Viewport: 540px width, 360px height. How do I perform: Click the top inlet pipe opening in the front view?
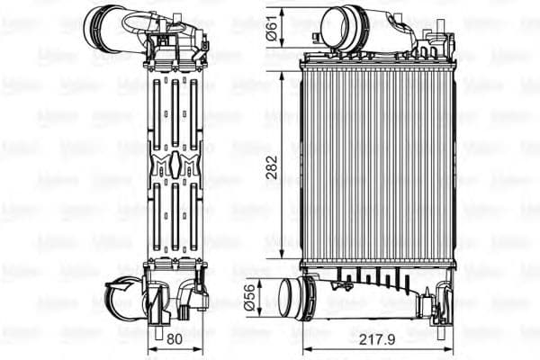point(337,23)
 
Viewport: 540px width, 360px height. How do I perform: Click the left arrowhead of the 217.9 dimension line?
point(302,349)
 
